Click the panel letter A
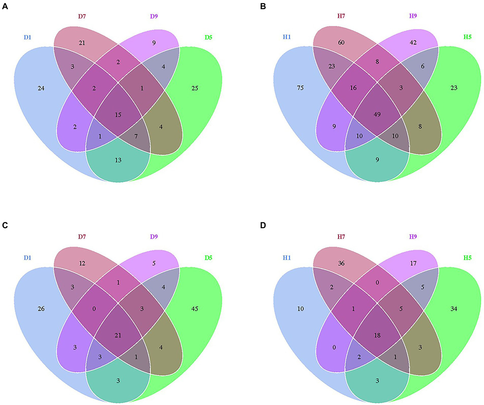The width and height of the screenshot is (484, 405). tap(5, 6)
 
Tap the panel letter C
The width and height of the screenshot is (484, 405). tap(5, 225)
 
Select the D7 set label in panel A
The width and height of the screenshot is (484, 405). tap(82, 16)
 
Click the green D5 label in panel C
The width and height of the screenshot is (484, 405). tap(208, 258)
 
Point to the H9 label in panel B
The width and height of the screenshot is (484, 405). tap(413, 16)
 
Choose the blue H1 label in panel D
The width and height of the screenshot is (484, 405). tap(287, 258)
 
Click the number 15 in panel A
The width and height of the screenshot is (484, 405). tap(118, 115)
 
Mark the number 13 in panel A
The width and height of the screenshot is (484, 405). tap(118, 160)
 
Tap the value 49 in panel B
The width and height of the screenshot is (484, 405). tap(377, 115)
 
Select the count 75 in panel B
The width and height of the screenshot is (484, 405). tap(300, 88)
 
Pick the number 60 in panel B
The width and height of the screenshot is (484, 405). tap(341, 43)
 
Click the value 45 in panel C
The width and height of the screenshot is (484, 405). tap(195, 309)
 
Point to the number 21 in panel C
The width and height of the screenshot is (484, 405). tap(118, 335)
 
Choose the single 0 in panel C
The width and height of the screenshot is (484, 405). tap(94, 309)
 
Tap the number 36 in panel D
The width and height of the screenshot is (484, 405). tap(341, 263)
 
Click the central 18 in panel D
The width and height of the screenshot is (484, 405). tap(377, 335)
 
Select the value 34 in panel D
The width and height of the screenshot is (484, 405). tap(454, 309)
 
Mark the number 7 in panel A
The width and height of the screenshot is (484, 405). tap(136, 136)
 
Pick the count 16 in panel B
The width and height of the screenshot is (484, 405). tap(353, 88)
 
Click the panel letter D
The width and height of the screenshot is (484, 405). tap(263, 225)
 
